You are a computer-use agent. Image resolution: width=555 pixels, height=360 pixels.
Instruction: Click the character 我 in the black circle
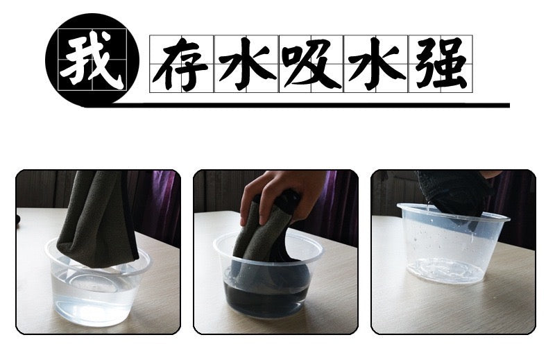pyautogui.click(x=93, y=60)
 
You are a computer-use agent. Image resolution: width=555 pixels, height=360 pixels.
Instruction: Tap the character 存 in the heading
pyautogui.click(x=180, y=64)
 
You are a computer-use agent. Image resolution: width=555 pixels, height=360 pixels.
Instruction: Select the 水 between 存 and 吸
pyautogui.click(x=247, y=64)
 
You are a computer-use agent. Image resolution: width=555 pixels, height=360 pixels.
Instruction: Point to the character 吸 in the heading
pyautogui.click(x=311, y=64)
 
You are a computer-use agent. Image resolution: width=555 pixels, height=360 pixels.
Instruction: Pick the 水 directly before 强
pyautogui.click(x=376, y=64)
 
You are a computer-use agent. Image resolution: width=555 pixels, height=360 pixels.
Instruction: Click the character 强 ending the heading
pyautogui.click(x=441, y=64)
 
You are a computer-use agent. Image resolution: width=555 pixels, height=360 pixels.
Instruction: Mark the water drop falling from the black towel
pyautogui.click(x=429, y=204)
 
